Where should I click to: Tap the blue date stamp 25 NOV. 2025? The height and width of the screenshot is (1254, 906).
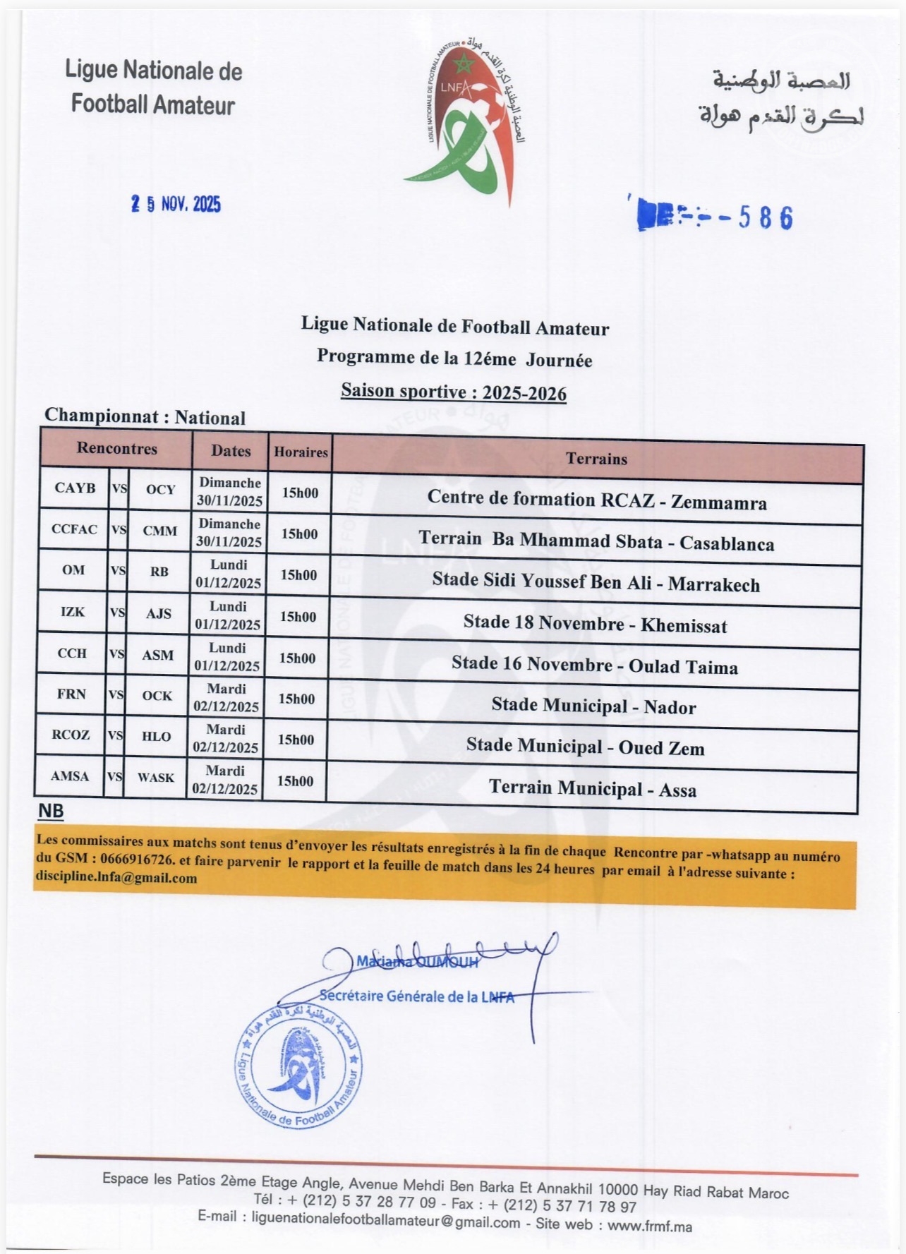pyautogui.click(x=176, y=205)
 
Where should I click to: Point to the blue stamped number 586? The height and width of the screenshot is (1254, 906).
pyautogui.click(x=766, y=218)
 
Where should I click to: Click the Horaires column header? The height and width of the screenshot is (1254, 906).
pyautogui.click(x=301, y=452)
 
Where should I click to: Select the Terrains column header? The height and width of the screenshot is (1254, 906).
pyautogui.click(x=596, y=459)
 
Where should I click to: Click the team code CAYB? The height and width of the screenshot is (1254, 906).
pyautogui.click(x=75, y=488)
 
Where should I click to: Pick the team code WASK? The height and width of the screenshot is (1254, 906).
pyautogui.click(x=155, y=778)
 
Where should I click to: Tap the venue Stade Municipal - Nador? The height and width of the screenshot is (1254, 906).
pyautogui.click(x=593, y=706)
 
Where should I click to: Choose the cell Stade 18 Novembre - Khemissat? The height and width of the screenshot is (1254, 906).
pyautogui.click(x=595, y=624)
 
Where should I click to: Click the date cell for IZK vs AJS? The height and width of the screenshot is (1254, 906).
pyautogui.click(x=228, y=615)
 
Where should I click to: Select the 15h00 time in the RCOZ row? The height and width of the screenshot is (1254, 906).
pyautogui.click(x=296, y=740)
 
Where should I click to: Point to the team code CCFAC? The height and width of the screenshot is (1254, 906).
pyautogui.click(x=74, y=529)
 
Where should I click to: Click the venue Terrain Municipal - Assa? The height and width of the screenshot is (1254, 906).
pyautogui.click(x=593, y=788)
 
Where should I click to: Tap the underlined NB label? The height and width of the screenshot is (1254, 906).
pyautogui.click(x=50, y=812)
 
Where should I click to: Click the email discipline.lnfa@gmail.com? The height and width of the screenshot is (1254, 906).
pyautogui.click(x=116, y=879)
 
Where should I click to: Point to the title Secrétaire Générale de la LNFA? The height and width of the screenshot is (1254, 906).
pyautogui.click(x=416, y=996)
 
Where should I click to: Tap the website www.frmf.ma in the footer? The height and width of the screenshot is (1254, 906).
pyautogui.click(x=649, y=1226)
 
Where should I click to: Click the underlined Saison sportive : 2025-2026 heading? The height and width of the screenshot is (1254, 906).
pyautogui.click(x=453, y=392)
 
